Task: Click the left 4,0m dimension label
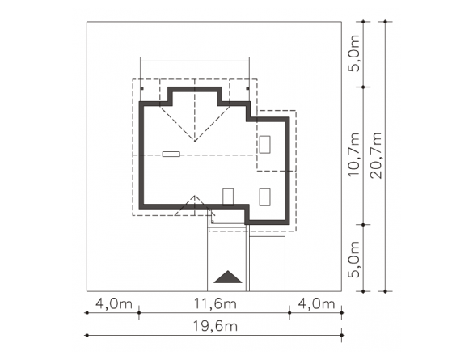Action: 114,303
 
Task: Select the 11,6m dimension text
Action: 214,303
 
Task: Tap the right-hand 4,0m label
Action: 316,303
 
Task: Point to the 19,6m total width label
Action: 215,326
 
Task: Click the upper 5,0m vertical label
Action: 354,53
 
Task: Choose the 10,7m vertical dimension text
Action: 354,155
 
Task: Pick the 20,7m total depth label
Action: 376,155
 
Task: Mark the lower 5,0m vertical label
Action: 354,260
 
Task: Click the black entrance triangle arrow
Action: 228,277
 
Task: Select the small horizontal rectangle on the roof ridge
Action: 171,155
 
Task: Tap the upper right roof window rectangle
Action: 265,145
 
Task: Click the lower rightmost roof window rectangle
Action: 265,197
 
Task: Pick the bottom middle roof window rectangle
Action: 228,197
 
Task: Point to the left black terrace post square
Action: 141,89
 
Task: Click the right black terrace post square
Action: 247,89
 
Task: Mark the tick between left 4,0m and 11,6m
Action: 139,313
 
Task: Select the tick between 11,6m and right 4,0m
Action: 289,313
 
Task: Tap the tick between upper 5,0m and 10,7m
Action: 364,87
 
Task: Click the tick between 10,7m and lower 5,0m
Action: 364,225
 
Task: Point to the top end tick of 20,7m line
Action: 385,22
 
